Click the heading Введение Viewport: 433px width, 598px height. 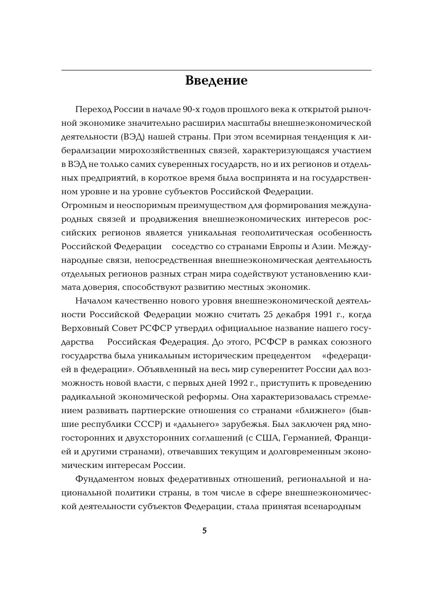[216, 80]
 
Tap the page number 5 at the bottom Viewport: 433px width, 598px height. [204, 531]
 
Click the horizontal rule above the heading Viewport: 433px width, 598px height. [216, 70]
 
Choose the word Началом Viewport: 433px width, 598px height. [93, 301]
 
